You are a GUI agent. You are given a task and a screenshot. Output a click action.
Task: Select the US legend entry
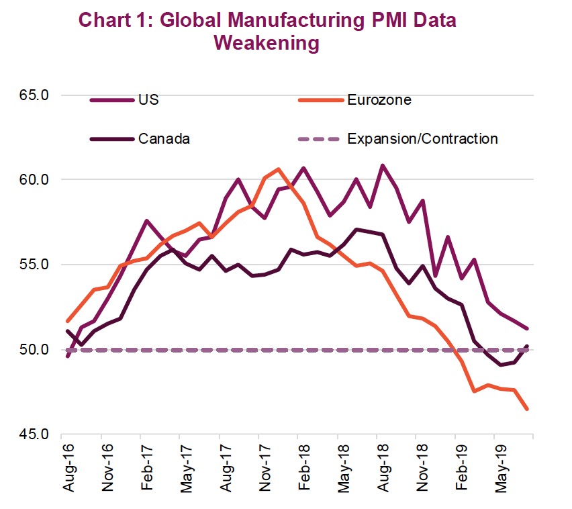coord(148,101)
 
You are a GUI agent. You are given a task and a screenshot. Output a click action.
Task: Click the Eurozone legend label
coord(379,101)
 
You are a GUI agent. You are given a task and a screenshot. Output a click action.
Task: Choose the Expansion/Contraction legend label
coord(422,139)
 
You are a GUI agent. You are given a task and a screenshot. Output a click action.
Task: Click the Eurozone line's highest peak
coord(279,169)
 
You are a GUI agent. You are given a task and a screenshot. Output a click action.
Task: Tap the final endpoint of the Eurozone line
coord(528,409)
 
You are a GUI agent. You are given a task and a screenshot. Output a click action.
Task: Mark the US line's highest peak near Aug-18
coord(383,165)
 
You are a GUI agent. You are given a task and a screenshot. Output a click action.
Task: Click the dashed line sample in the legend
coord(316,139)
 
